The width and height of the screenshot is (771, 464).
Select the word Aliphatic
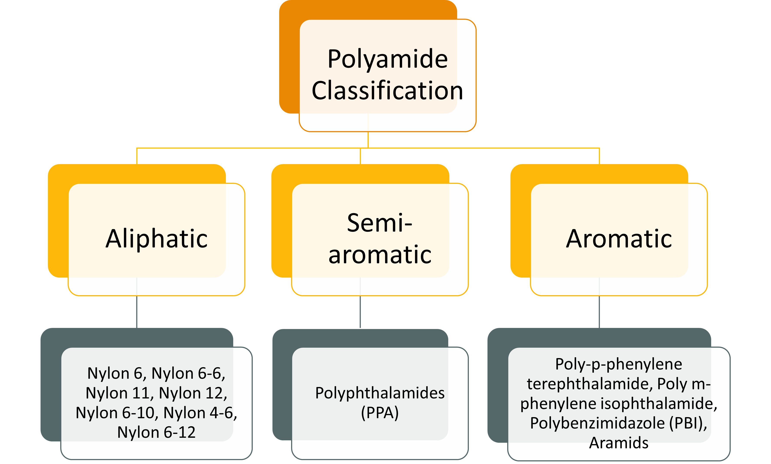(x=156, y=239)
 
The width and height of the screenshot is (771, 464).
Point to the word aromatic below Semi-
(x=380, y=255)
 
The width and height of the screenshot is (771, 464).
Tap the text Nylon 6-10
(x=117, y=413)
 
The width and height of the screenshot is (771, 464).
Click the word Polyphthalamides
(x=380, y=393)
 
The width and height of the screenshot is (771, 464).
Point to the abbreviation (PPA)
(x=380, y=413)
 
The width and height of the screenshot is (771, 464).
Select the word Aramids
(x=619, y=443)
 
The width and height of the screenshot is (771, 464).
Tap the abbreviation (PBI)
(x=688, y=423)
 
